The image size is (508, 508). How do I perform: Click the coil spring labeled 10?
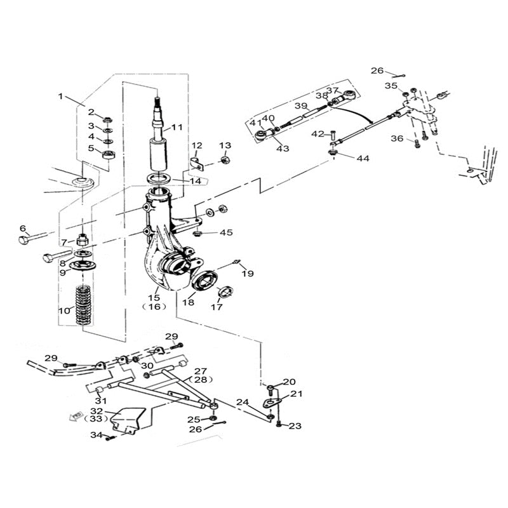[84, 305]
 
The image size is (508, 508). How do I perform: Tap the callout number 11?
[177, 127]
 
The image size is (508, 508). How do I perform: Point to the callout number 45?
[227, 232]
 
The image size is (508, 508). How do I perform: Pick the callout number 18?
[189, 304]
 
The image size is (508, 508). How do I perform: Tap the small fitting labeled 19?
[236, 262]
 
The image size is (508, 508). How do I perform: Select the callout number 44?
[363, 158]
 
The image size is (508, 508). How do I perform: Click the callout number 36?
[397, 139]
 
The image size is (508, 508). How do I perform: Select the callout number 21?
[297, 394]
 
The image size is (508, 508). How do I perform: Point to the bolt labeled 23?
[279, 424]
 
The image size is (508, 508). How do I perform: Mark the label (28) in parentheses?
[201, 380]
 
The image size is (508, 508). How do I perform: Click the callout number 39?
[301, 106]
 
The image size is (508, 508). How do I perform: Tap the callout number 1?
[61, 97]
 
